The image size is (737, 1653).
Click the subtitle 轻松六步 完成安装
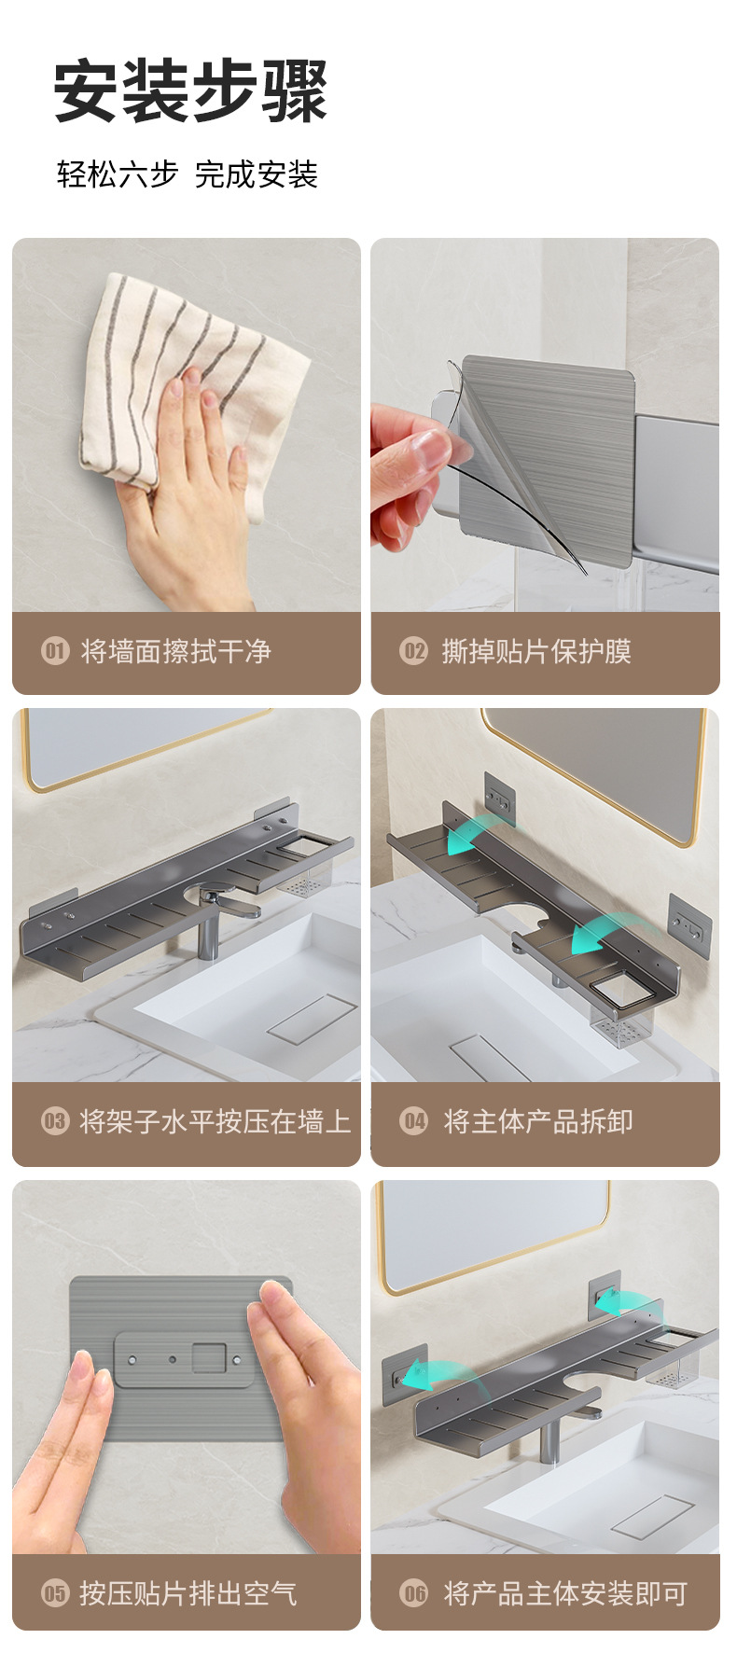(187, 174)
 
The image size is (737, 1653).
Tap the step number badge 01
(55, 650)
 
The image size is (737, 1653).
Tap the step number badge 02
(413, 650)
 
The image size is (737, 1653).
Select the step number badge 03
(55, 1120)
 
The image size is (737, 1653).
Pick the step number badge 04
(413, 1120)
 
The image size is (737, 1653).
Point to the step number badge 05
(55, 1592)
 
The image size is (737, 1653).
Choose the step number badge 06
(413, 1592)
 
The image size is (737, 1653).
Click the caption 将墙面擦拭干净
(175, 650)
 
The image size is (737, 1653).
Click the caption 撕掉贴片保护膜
(536, 650)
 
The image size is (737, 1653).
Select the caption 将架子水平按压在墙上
(215, 1120)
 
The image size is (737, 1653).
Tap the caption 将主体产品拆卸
(538, 1120)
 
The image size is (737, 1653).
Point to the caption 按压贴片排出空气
(188, 1592)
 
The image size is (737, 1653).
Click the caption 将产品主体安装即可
(565, 1592)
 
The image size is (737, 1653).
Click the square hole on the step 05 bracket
(210, 1356)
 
